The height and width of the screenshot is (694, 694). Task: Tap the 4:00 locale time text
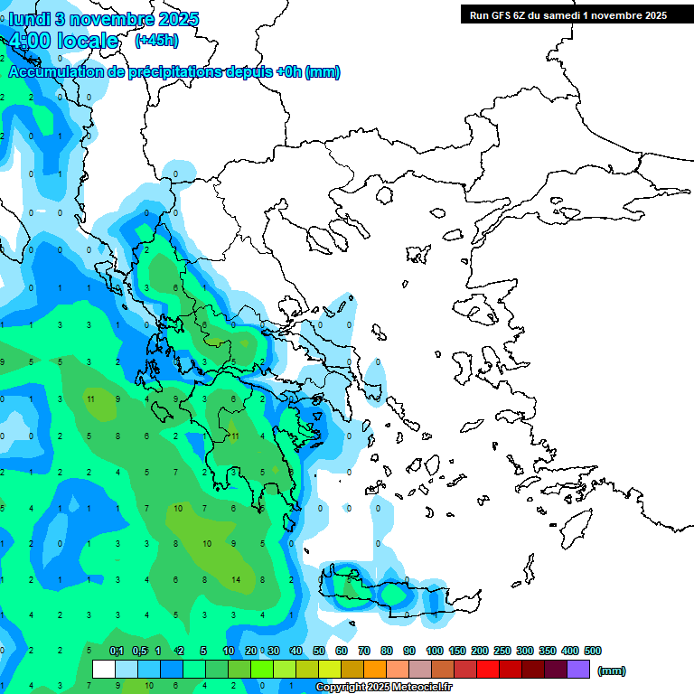coord(63,41)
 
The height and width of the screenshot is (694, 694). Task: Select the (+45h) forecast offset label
coord(156,40)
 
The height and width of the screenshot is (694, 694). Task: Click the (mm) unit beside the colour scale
coord(611,671)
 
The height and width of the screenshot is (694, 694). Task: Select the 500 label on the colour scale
coord(593,651)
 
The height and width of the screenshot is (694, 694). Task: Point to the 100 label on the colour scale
coord(435,651)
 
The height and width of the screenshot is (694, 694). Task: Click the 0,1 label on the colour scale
coord(117,651)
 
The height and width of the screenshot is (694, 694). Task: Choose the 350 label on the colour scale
coord(548,651)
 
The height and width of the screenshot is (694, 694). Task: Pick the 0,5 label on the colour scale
coord(139,651)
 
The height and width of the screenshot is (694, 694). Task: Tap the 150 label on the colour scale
coord(457,651)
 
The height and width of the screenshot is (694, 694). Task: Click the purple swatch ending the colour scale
coord(578,670)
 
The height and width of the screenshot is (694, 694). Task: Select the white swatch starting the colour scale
coord(104,670)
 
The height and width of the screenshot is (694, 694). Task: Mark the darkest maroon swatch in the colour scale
coord(556,670)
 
